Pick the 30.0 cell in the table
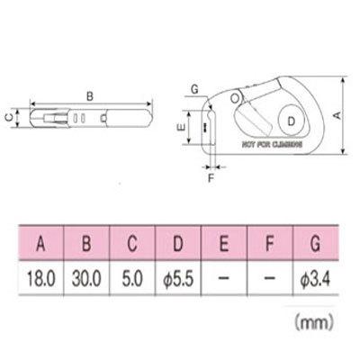click(x=88, y=281)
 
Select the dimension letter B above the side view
click(x=87, y=94)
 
